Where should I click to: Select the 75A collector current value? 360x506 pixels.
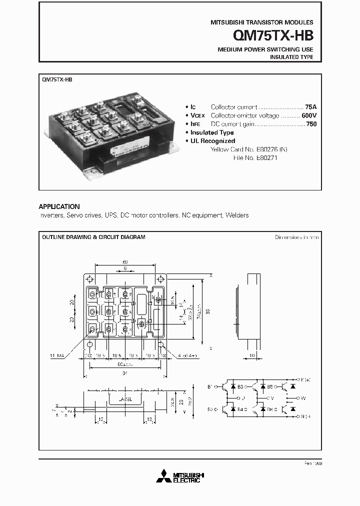coord(310,107)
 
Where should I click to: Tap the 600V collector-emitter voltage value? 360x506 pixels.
coord(308,115)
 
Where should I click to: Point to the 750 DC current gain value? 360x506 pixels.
coord(311,123)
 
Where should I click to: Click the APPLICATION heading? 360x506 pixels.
coord(59,206)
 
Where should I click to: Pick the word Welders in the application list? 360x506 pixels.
coord(237,215)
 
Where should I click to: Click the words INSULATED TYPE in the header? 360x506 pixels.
coord(291,57)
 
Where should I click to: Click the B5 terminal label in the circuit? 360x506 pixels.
coord(270,386)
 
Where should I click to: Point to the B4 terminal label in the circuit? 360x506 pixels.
coord(240,409)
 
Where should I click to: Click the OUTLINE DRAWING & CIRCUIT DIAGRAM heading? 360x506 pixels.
coord(93,237)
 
